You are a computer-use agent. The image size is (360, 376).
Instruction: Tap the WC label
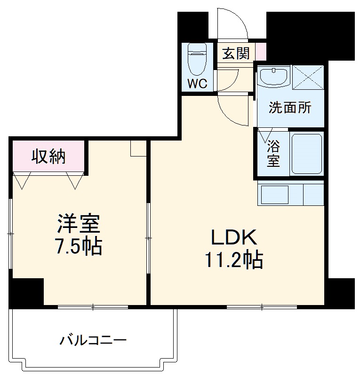197,84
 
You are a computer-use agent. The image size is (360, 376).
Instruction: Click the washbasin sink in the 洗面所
274,77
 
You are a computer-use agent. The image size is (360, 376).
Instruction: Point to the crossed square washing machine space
308,77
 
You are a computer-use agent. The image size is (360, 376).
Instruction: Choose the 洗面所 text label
290,108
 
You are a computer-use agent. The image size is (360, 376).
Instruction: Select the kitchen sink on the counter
274,195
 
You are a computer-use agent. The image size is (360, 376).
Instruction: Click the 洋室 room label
79,224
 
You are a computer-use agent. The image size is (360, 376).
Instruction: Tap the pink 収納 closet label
48,157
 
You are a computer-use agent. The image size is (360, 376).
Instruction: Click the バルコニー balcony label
93,339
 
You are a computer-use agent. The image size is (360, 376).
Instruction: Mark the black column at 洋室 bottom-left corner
26,292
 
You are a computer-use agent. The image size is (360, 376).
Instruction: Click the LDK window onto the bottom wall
262,307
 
